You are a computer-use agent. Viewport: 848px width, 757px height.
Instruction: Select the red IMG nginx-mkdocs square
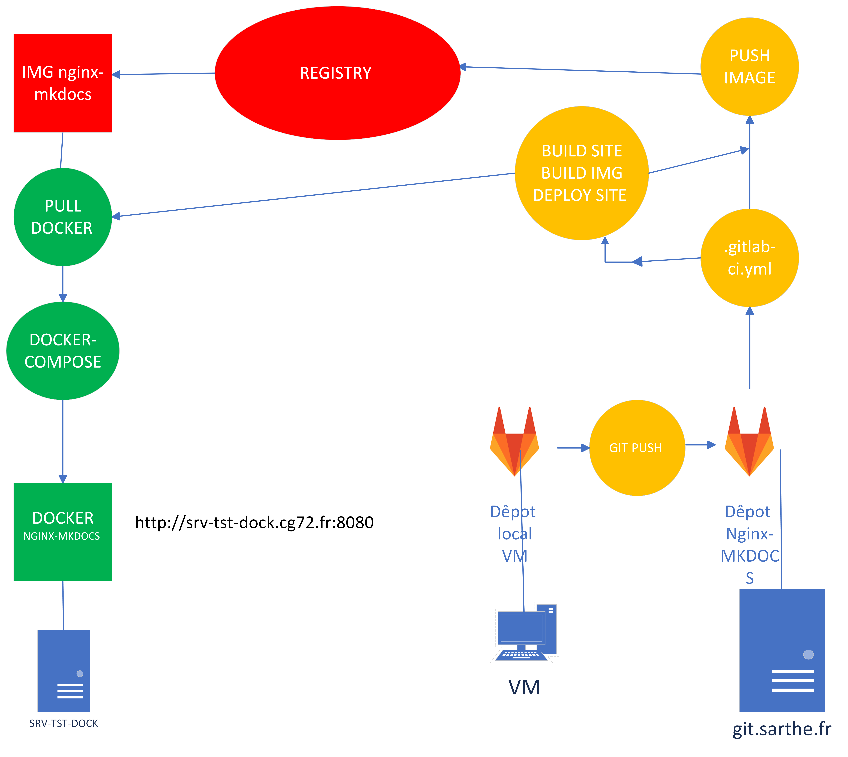(x=63, y=83)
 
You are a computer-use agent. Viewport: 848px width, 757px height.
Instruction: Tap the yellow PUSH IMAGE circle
(x=749, y=67)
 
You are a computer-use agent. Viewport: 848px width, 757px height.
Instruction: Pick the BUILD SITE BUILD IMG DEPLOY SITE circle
(x=581, y=173)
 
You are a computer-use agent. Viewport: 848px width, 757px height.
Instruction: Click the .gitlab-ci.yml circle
(x=749, y=258)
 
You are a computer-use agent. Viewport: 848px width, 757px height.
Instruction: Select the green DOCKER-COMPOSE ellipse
(x=63, y=351)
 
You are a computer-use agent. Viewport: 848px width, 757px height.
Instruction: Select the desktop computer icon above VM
(x=525, y=632)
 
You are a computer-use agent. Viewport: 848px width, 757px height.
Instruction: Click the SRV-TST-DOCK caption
(x=64, y=723)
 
